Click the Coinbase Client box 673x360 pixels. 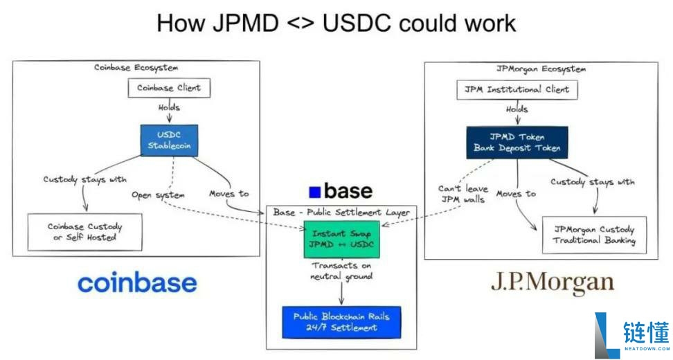pos(169,88)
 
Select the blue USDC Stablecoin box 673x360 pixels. pos(169,141)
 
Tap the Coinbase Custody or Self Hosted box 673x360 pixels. pos(84,232)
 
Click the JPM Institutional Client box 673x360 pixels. pos(517,90)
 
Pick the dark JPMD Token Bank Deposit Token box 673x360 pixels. pos(517,143)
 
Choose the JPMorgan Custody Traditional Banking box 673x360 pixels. pos(594,235)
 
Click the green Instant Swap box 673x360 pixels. pos(341,239)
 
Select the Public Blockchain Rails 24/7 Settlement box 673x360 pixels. pos(341,322)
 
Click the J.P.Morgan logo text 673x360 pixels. pos(553,282)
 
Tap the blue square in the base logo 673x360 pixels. pos(315,192)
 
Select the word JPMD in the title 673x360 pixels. pos(246,23)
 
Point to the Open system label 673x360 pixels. pos(158,195)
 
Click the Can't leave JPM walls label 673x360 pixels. pos(463,194)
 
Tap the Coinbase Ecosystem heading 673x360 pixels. pos(136,68)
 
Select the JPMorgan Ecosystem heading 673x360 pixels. pos(541,69)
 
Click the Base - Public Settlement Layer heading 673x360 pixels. pos(341,213)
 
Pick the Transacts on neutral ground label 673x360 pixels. pos(341,271)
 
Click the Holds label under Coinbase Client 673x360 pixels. pos(169,107)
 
